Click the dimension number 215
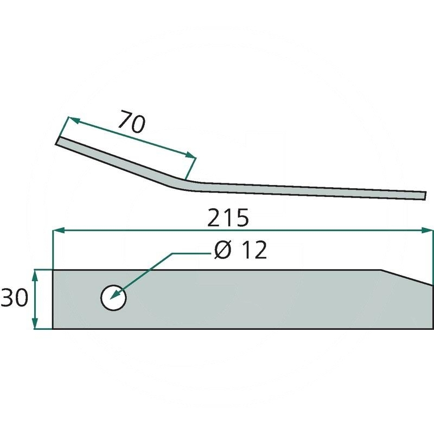228,218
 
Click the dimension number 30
15,297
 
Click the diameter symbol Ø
222,250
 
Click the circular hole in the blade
113,298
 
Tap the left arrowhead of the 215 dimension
59,230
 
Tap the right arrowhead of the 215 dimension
426,230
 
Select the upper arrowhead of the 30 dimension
35,276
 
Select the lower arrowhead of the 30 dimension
35,323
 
